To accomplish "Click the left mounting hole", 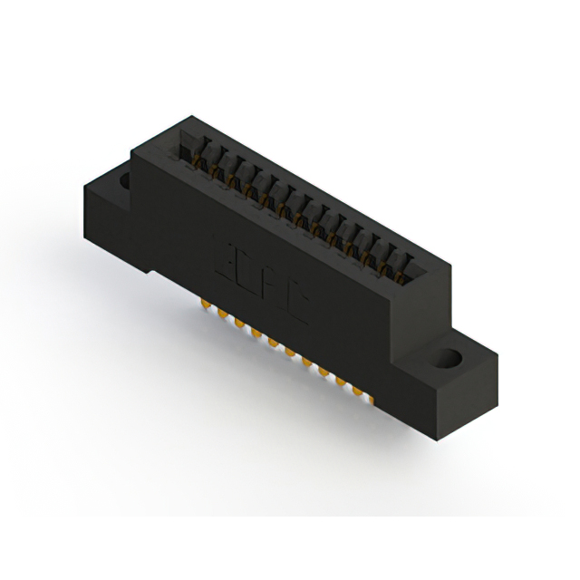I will [121, 183].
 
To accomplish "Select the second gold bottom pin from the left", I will [220, 314].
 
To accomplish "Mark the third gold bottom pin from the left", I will [238, 324].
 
